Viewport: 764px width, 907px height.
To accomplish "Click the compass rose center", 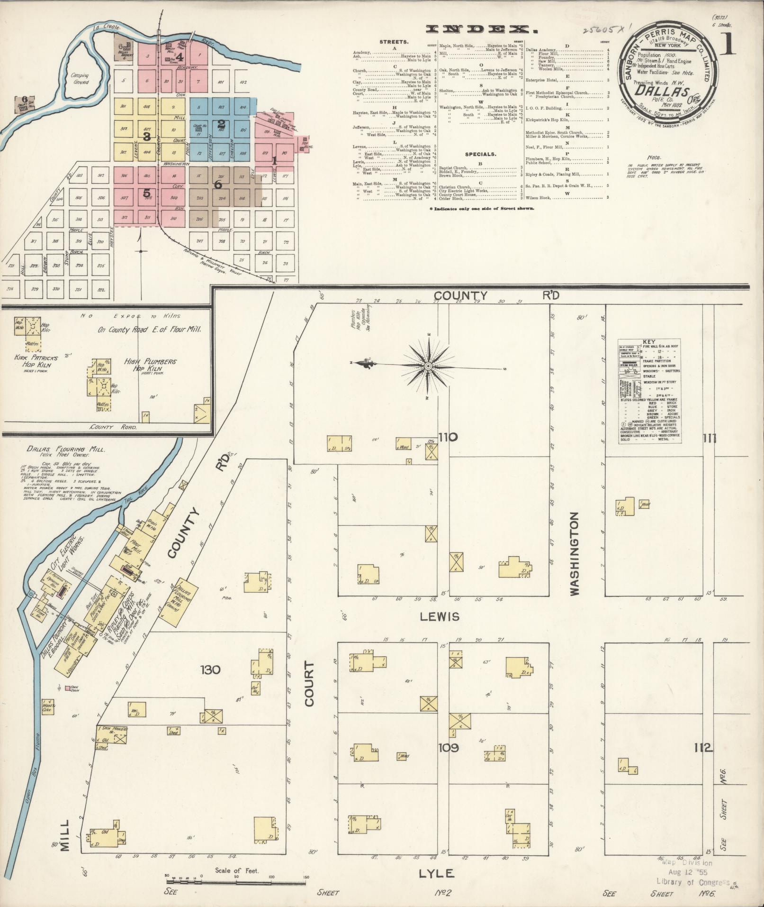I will pos(428,366).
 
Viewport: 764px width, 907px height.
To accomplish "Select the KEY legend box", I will pos(649,391).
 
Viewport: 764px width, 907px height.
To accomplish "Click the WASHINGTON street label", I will pos(575,553).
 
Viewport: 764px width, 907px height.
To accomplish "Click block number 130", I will pos(210,669).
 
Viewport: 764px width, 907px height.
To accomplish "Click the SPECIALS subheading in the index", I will pos(480,154).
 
